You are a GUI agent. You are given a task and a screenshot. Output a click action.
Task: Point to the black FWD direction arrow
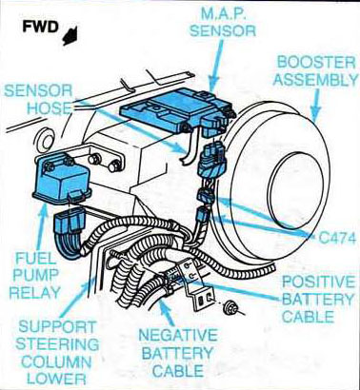click(67, 39)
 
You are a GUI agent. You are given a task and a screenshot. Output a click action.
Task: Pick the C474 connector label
click(330, 232)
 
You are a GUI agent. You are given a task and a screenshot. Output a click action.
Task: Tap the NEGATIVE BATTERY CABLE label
click(181, 353)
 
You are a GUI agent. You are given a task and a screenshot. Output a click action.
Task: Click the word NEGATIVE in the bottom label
click(181, 336)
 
